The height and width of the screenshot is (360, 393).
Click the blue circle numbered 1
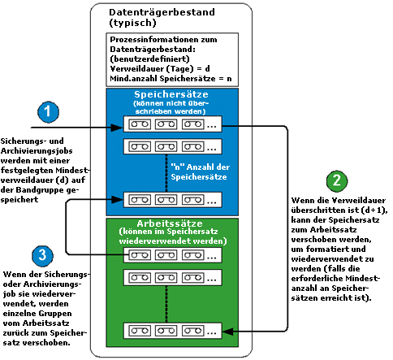[x=50, y=112]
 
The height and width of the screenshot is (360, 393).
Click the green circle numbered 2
[x=338, y=181]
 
